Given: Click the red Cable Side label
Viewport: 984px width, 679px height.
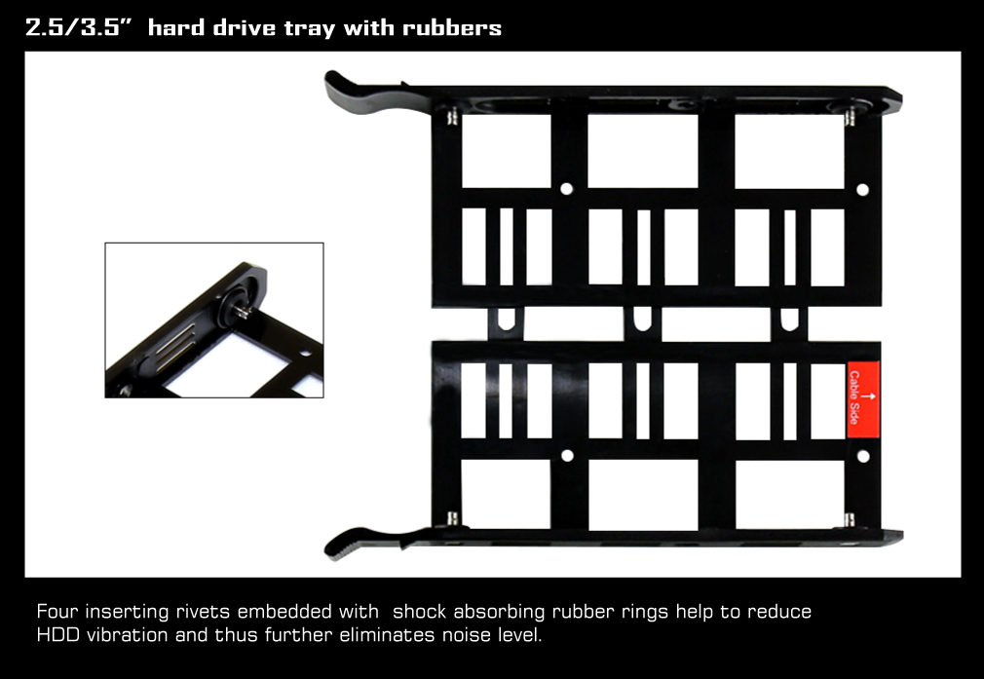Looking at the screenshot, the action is point(863,399).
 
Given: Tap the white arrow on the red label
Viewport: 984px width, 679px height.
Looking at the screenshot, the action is point(868,396).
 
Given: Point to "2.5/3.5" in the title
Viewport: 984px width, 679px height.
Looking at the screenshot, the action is point(79,27).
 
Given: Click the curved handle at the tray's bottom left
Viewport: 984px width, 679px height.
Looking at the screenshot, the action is point(370,543).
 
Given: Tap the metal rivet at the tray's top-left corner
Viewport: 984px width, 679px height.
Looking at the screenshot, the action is point(452,117).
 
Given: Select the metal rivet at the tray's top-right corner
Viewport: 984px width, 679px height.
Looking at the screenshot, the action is point(850,117).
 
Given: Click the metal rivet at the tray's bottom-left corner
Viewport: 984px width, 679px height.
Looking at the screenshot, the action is point(452,518).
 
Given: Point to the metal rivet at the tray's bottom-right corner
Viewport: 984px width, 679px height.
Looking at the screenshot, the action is point(850,519).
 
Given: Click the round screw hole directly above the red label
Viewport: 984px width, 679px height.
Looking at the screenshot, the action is point(863,190).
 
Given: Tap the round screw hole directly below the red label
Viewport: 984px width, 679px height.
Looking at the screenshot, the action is point(863,456).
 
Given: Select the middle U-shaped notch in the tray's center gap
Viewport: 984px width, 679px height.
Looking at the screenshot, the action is point(642,319).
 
